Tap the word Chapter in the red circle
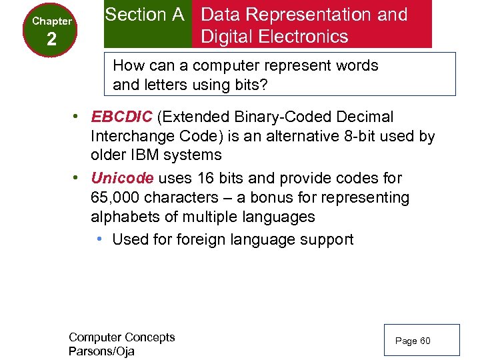click(52, 21)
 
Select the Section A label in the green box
click(145, 15)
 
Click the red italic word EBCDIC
click(121, 117)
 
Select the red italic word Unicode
click(123, 179)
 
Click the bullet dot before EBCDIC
click(77, 117)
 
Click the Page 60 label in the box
click(413, 341)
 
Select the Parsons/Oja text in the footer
click(101, 351)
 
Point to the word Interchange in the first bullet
click(130, 137)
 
